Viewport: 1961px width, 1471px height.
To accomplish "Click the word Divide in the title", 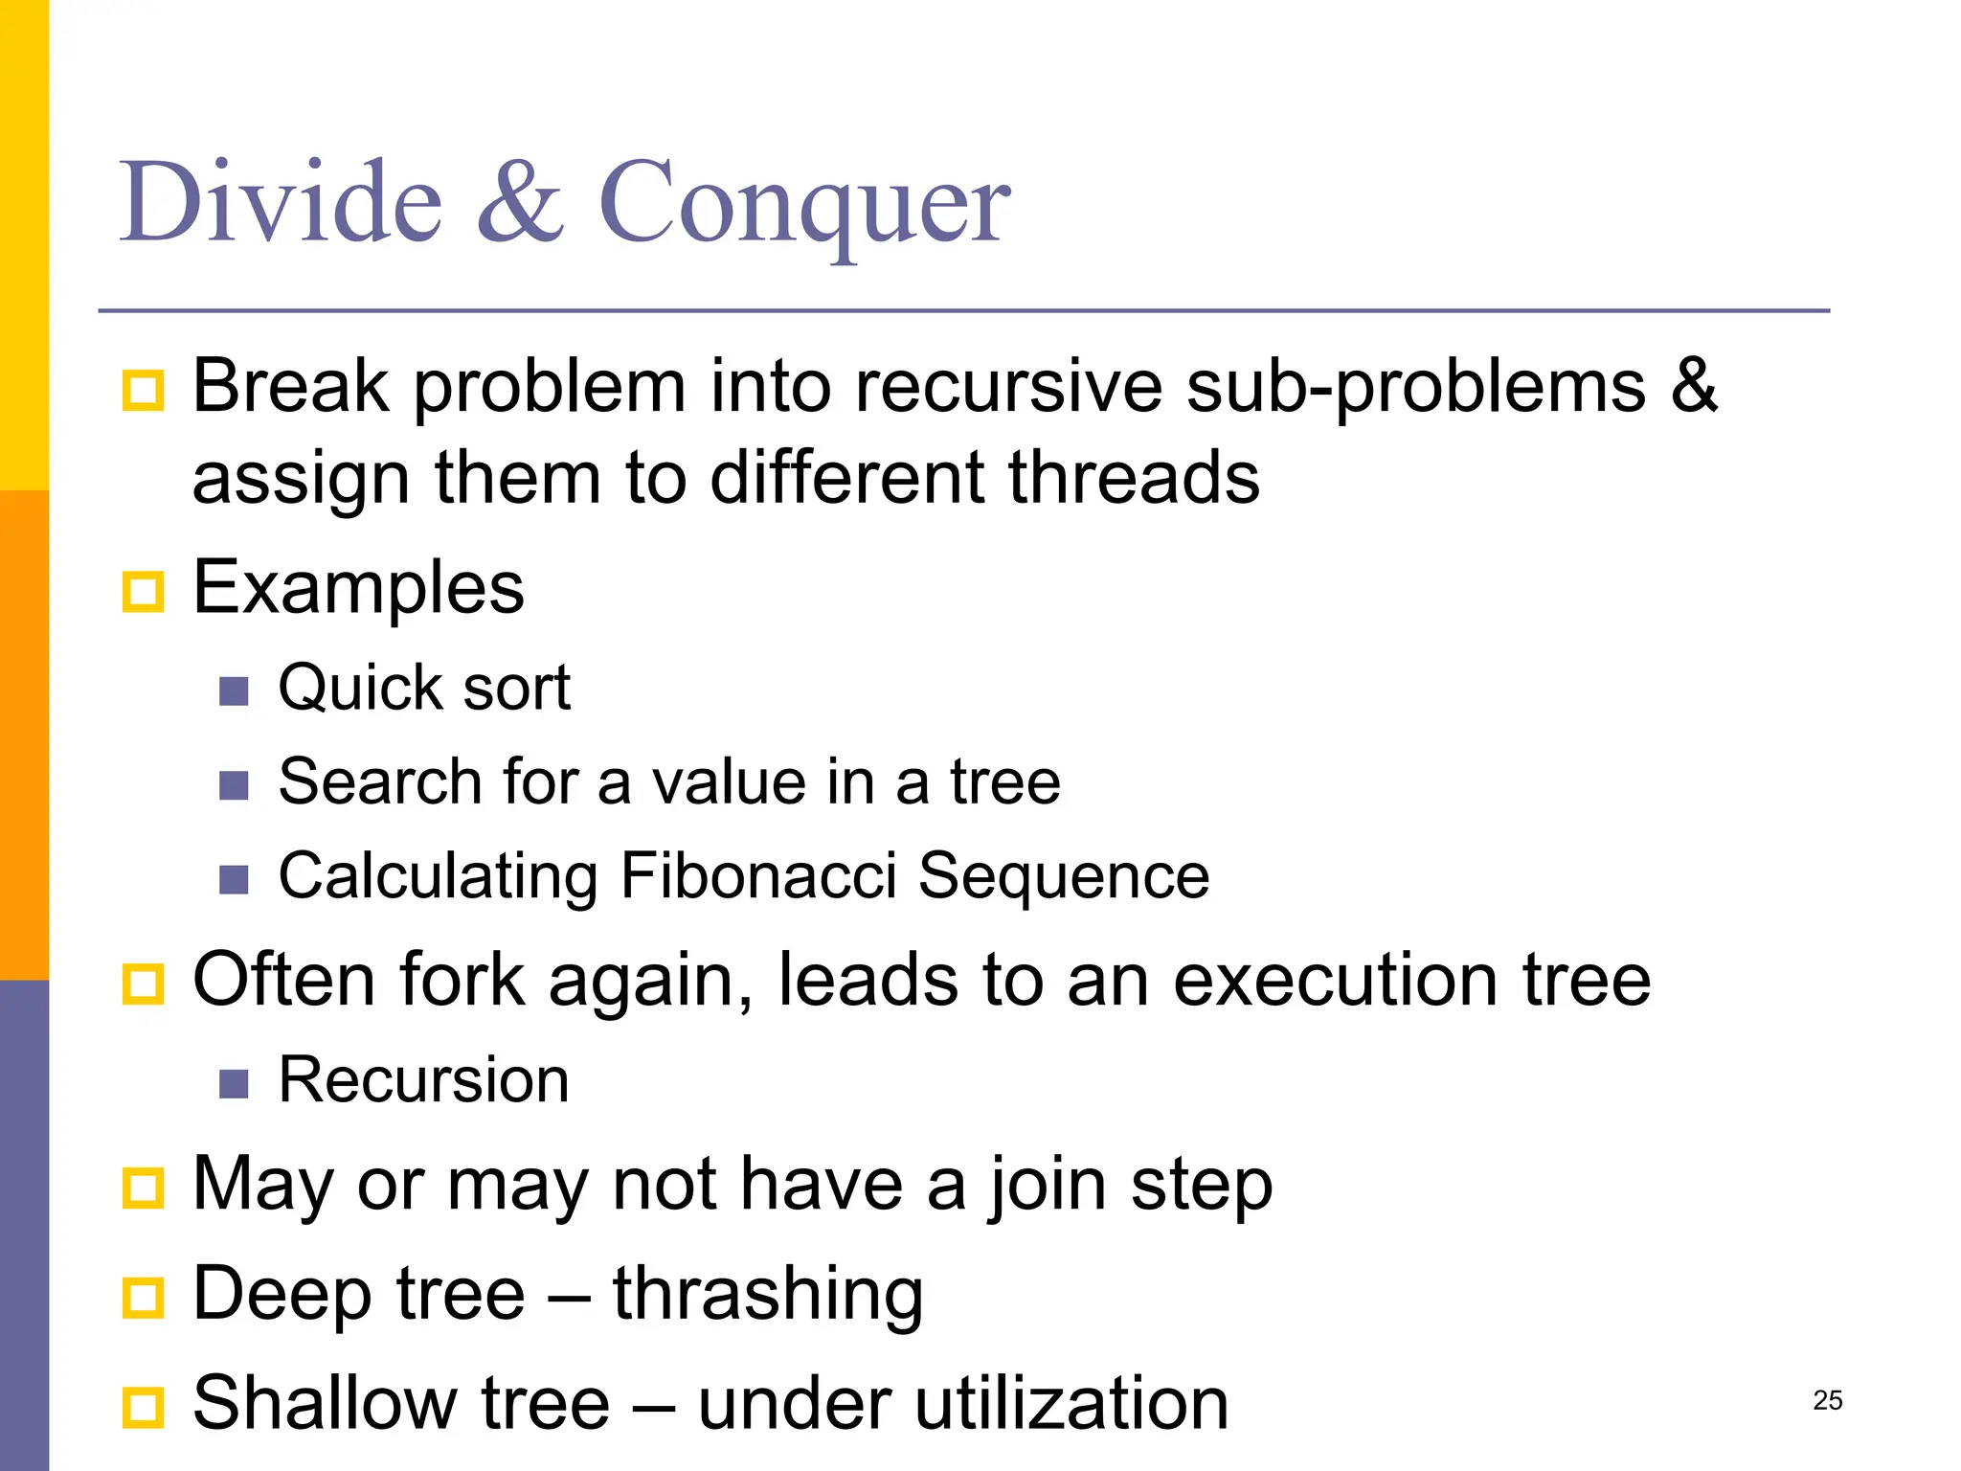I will click(x=281, y=203).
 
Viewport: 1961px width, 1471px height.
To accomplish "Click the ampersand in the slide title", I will click(x=520, y=203).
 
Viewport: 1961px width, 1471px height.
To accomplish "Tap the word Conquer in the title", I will click(x=804, y=203).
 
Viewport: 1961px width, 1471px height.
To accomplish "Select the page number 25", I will click(x=1827, y=1400).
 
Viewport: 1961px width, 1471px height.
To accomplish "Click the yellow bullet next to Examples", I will click(x=144, y=591).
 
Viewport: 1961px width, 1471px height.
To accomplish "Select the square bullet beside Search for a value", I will click(x=234, y=785).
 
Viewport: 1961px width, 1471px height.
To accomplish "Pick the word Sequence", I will click(x=1064, y=875).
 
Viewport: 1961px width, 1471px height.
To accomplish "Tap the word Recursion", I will click(x=423, y=1080).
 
